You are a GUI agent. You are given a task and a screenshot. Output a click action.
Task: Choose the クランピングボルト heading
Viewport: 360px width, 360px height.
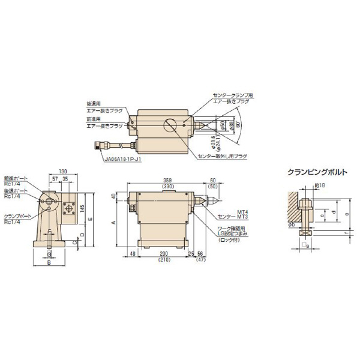[316, 172]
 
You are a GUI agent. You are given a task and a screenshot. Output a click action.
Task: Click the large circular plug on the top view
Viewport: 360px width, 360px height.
[170, 127]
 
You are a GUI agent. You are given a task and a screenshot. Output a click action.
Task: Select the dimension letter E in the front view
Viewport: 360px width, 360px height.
[90, 219]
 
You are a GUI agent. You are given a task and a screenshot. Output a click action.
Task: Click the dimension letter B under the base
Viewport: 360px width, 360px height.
[49, 262]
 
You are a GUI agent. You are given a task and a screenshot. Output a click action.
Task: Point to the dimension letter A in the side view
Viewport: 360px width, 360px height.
[114, 221]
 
